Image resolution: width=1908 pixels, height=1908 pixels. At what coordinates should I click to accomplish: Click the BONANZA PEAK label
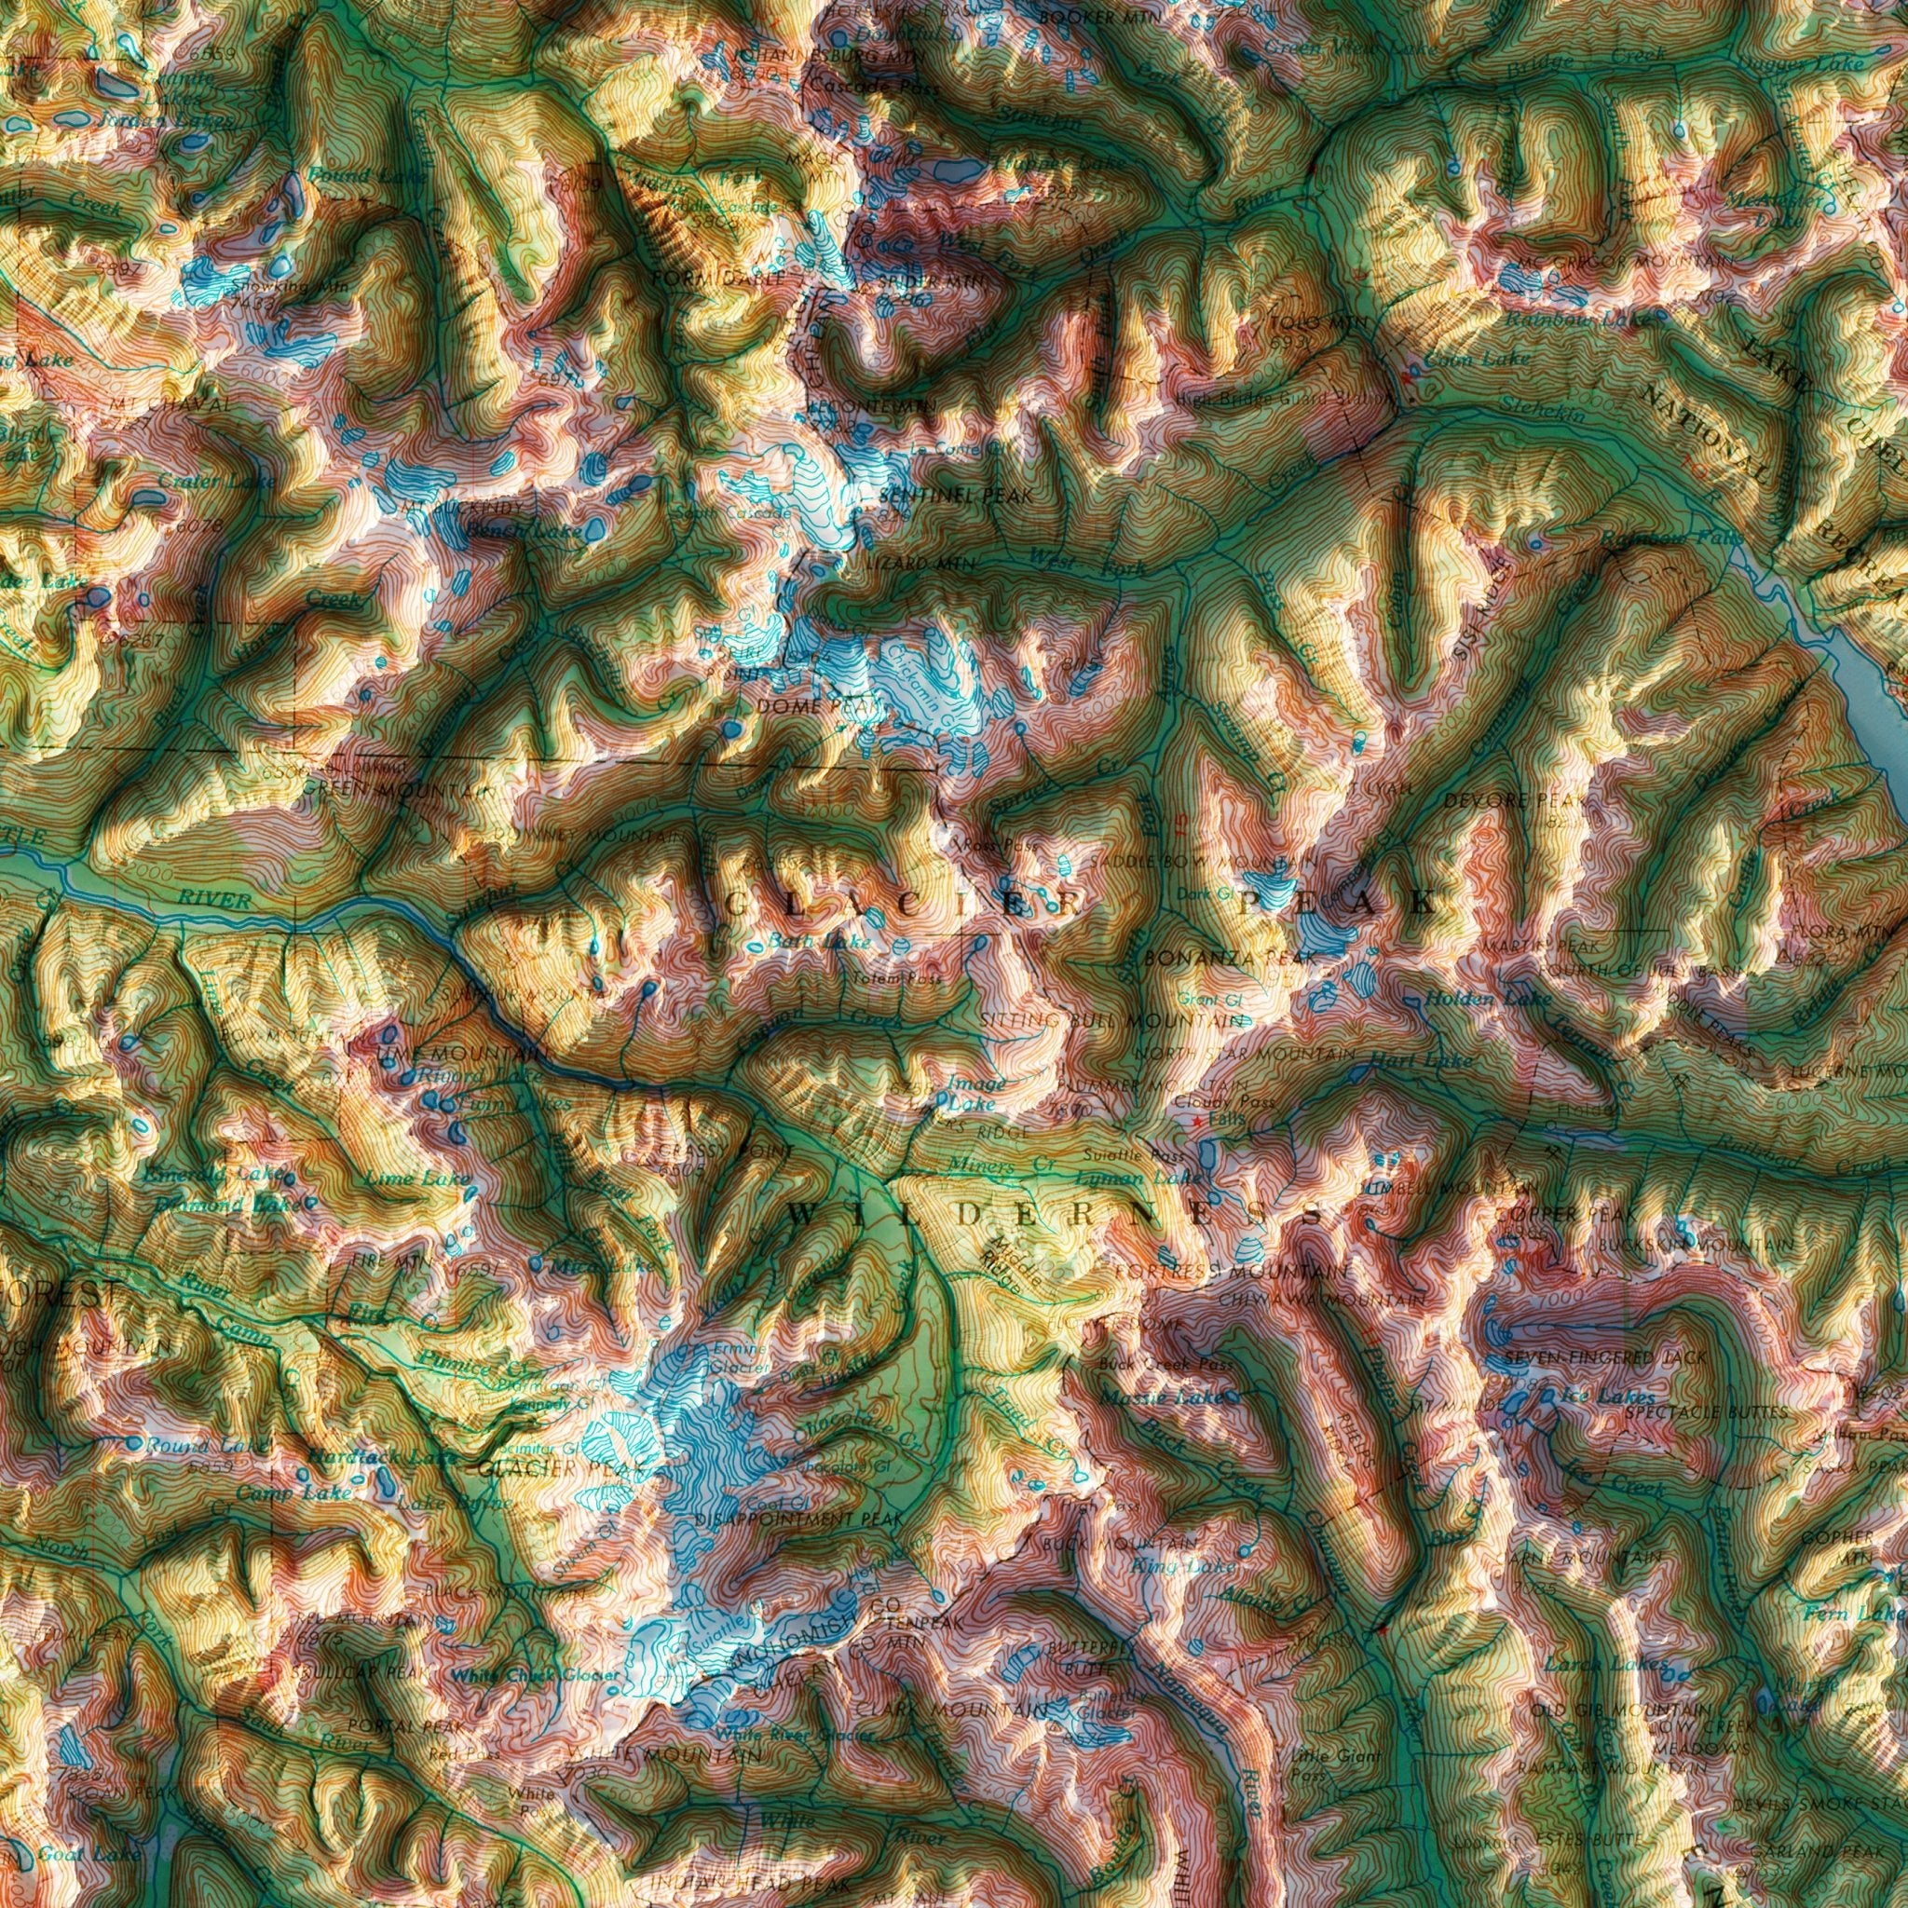(1229, 958)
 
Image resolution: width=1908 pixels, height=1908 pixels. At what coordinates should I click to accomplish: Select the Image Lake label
(975, 1092)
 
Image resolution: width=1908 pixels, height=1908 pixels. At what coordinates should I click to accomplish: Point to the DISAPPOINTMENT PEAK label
(799, 1518)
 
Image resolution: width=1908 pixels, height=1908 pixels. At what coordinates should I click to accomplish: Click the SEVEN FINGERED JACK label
(1604, 1359)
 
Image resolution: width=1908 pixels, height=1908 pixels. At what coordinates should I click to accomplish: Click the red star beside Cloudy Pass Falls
(1197, 1123)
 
